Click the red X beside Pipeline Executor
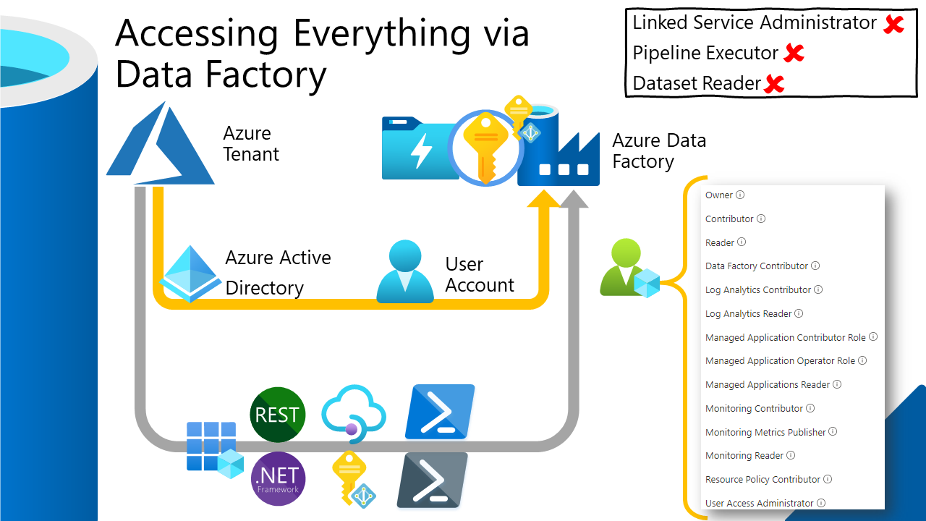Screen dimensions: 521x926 pos(794,53)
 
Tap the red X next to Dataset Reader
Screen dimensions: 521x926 pos(774,84)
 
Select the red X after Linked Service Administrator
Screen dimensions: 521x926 pos(894,24)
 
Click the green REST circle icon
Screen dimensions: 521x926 pos(277,415)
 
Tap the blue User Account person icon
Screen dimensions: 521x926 pos(404,272)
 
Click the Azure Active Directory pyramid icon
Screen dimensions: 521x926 pos(190,274)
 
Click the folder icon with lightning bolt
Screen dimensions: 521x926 pos(415,148)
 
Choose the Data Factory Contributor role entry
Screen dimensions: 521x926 pos(757,266)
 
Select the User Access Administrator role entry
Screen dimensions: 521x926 pos(759,503)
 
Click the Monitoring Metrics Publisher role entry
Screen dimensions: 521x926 pos(765,432)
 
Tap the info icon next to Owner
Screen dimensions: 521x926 pos(740,195)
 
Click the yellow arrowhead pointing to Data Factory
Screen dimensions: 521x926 pos(544,199)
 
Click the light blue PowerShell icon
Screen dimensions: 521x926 pos(440,412)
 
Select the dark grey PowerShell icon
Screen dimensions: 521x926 pos(432,480)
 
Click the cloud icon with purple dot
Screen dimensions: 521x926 pos(353,412)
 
